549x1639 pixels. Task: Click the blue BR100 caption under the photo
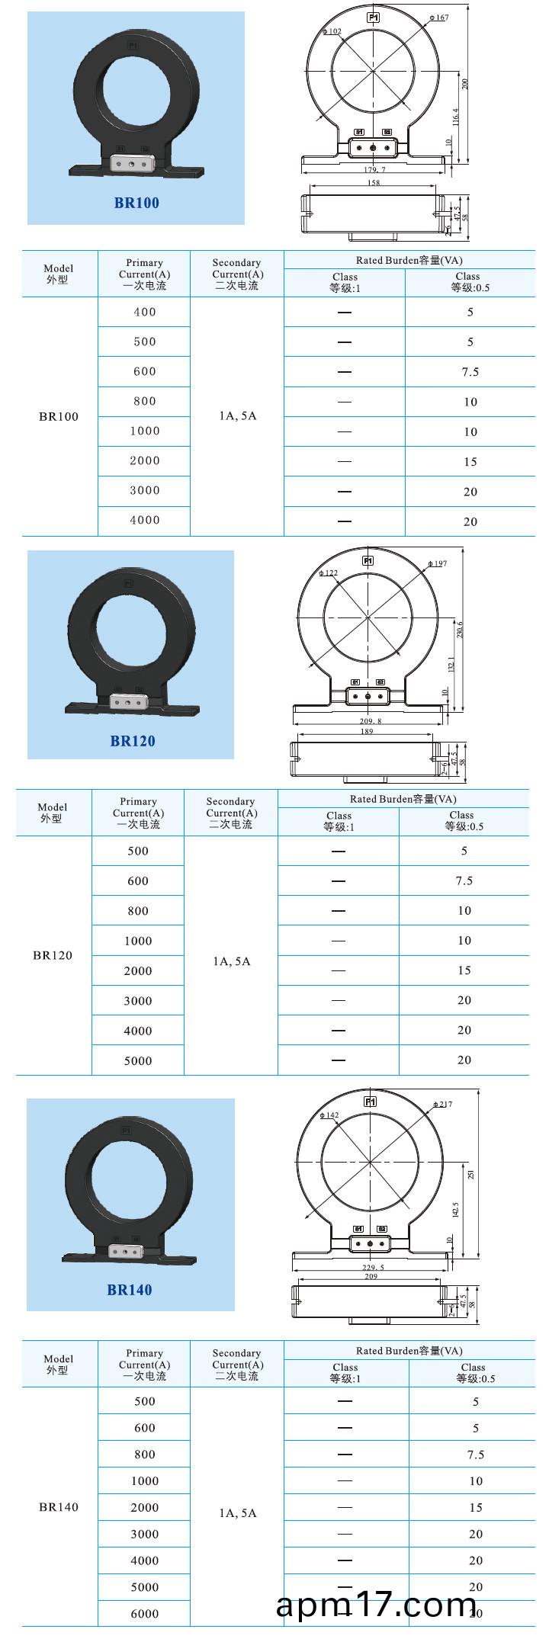tap(136, 203)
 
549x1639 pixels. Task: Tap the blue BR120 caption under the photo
tap(133, 741)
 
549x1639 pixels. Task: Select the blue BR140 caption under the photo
tap(130, 1290)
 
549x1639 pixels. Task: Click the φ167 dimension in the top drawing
tap(439, 18)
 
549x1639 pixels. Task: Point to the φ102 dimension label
tap(332, 32)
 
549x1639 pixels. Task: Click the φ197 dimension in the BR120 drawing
tap(437, 563)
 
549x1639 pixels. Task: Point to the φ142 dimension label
tap(329, 1115)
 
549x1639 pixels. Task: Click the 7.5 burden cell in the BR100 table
tap(470, 372)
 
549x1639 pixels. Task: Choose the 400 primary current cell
tap(144, 312)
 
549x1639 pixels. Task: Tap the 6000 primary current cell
tap(144, 1613)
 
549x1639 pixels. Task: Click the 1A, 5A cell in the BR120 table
tap(231, 961)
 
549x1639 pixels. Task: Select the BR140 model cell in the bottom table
tap(59, 1506)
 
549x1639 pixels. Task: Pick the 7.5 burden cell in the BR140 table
tap(475, 1454)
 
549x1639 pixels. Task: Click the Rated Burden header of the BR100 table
tap(409, 260)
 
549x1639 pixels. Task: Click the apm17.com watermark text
tap(376, 1605)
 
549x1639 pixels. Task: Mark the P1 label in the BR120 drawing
tap(368, 561)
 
